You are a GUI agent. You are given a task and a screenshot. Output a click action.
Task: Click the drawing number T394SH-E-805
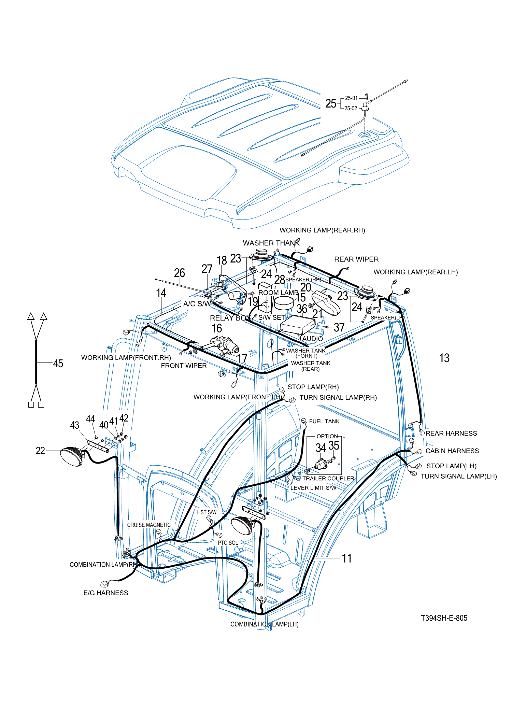[x=444, y=618]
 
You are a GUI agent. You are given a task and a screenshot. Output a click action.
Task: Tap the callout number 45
[x=58, y=363]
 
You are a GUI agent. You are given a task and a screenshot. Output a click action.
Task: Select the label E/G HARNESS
[x=106, y=593]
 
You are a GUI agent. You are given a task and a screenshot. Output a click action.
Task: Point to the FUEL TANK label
[x=324, y=422]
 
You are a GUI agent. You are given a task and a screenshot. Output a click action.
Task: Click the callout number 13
[x=444, y=358]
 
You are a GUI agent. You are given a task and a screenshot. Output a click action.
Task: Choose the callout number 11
[x=347, y=558]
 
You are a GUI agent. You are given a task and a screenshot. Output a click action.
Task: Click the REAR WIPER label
[x=356, y=259]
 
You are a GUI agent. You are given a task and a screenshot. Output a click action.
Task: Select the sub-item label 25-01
[x=351, y=98]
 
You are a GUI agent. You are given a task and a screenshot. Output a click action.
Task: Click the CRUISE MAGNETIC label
[x=149, y=525]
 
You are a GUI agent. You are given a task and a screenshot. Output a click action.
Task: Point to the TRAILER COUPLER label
[x=328, y=478]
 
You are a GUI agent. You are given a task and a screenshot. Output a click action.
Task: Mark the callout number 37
[x=339, y=327]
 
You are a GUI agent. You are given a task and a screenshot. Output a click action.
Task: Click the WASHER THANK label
[x=271, y=243]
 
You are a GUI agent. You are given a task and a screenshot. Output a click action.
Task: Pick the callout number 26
[x=180, y=273]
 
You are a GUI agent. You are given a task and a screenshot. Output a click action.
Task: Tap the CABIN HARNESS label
[x=452, y=451]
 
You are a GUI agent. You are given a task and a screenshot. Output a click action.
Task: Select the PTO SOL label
[x=228, y=543]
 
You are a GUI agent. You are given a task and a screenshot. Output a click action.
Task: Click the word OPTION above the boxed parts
[x=327, y=436]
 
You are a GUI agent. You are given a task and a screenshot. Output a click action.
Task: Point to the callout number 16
[x=217, y=328]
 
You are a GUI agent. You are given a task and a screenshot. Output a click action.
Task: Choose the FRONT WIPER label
[x=184, y=366]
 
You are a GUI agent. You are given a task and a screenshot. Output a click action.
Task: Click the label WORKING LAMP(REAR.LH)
[x=415, y=272]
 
